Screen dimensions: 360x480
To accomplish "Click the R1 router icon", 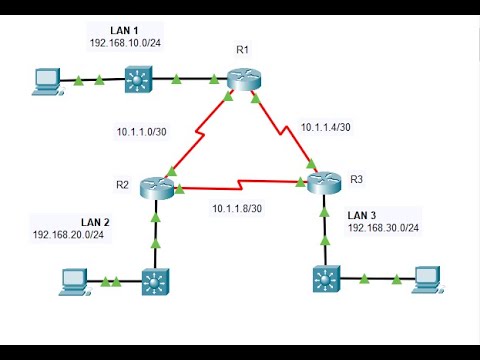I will coord(241,79).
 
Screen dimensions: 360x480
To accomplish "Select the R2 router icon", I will coord(156,186).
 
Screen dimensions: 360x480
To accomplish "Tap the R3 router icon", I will coord(324,183).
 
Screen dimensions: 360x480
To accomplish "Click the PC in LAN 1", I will coord(45,80).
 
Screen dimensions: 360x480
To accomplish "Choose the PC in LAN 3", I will coord(427,278).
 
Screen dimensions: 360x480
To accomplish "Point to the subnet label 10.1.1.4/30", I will coord(326,127).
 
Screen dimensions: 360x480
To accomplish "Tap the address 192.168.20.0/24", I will coord(69,234).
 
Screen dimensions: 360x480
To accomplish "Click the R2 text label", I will coord(122,184).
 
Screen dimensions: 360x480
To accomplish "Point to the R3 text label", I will coord(358,179).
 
